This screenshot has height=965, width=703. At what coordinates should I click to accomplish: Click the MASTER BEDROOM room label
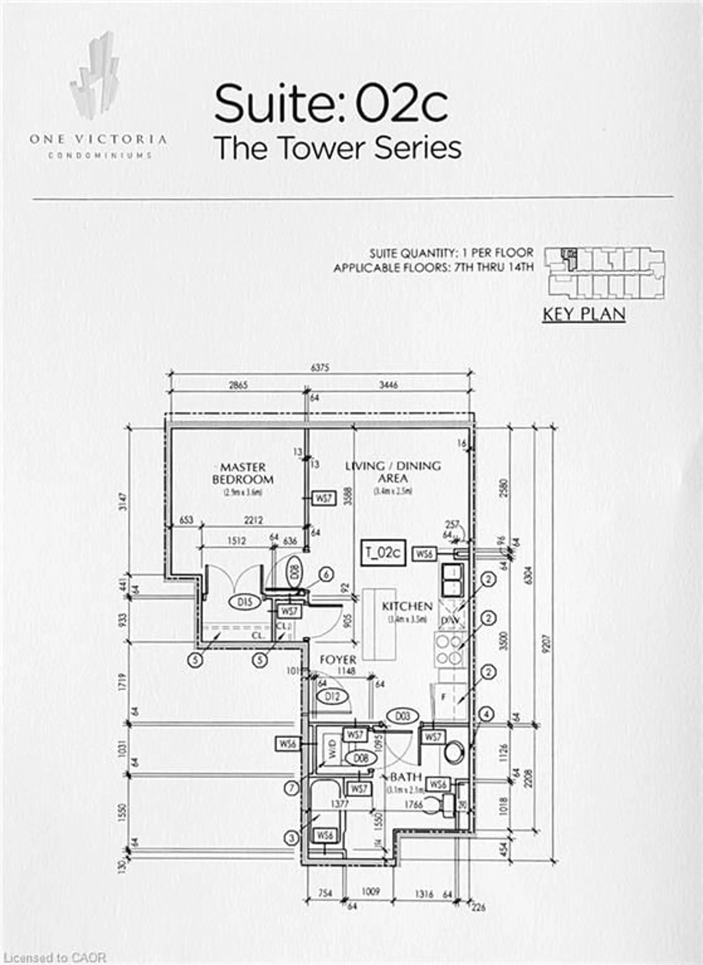(x=243, y=473)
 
